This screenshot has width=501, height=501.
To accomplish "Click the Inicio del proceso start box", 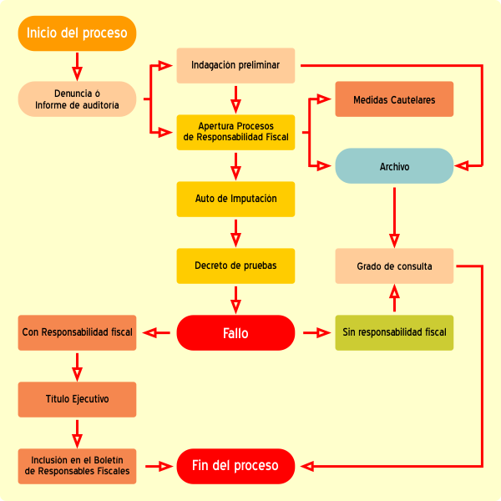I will tap(77, 33).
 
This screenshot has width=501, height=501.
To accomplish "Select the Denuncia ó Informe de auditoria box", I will tap(77, 99).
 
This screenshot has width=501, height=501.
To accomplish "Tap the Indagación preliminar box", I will tap(235, 65).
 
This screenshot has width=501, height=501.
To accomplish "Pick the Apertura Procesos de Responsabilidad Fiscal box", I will tap(235, 132).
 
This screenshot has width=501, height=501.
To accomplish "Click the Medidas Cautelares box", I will tap(394, 99).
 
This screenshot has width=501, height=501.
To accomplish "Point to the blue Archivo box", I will tap(394, 166).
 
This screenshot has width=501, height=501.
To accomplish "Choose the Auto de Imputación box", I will tap(235, 199).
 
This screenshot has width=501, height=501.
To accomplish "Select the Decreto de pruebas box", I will tap(235, 266).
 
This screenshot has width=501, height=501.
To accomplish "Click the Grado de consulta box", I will tap(394, 266).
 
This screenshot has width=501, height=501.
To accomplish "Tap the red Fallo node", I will tap(235, 333).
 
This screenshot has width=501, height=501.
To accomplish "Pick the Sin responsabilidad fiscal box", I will tap(394, 332).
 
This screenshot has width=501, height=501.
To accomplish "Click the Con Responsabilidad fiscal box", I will tap(77, 332).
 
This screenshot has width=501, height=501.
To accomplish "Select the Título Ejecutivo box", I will tap(77, 399).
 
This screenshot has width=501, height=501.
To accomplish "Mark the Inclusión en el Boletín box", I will tap(77, 466).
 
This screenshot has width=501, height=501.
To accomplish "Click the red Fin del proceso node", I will tap(235, 466).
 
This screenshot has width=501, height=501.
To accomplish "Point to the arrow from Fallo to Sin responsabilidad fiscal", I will tap(316, 333).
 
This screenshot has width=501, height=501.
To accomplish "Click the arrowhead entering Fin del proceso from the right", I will tap(306, 466).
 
